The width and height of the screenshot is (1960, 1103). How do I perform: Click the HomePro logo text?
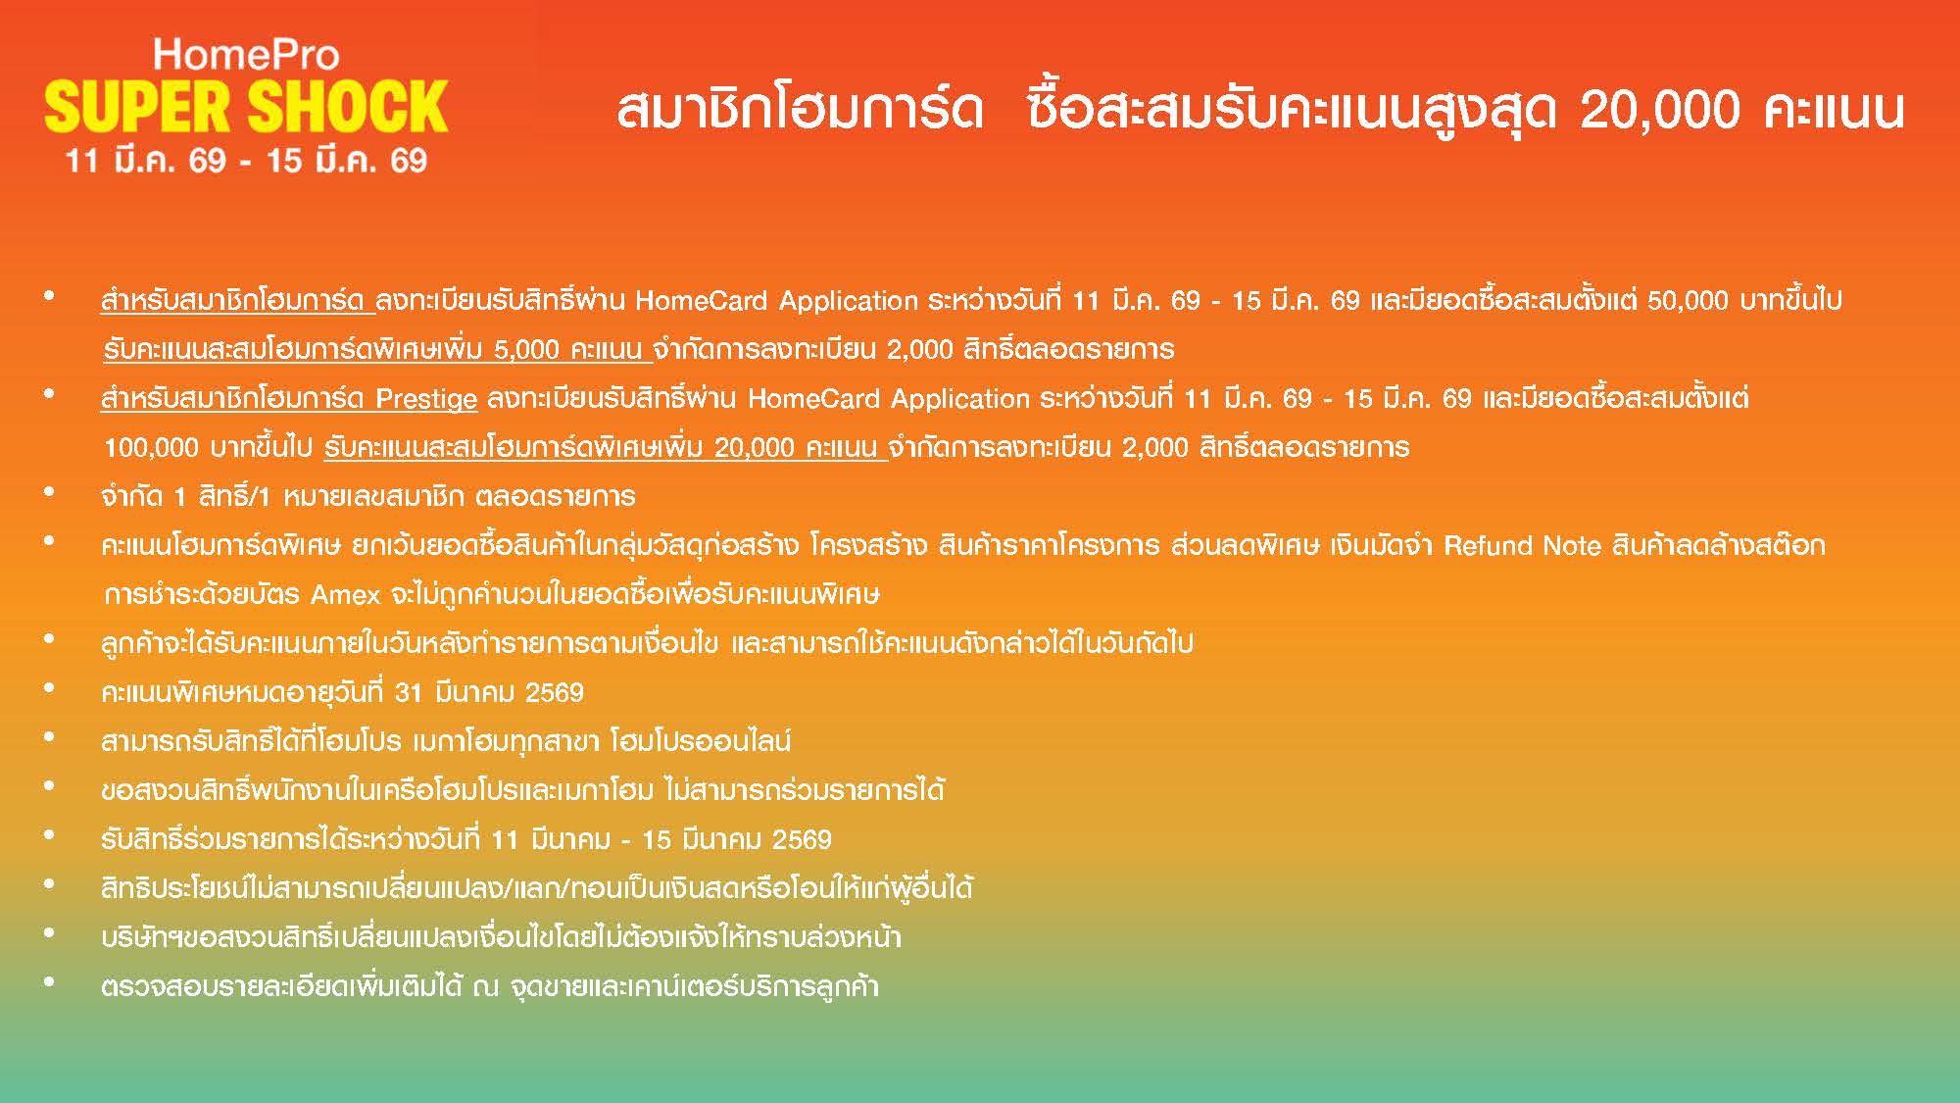(x=246, y=54)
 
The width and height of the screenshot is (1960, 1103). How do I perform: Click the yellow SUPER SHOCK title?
(x=246, y=107)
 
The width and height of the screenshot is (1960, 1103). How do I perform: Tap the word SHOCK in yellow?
(x=348, y=107)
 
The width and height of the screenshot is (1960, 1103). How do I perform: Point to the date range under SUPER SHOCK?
(x=246, y=161)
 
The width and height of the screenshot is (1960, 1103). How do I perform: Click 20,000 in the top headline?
(x=1660, y=109)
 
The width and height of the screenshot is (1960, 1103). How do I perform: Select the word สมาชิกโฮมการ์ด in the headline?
(x=800, y=109)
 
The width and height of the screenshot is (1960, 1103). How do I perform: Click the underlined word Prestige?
(x=426, y=400)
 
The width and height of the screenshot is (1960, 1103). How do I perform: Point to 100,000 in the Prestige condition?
(x=151, y=448)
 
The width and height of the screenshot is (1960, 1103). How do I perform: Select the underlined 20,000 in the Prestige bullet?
(x=754, y=448)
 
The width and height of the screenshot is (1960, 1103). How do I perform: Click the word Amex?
(x=345, y=595)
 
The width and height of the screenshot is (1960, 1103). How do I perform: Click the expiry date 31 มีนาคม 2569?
(x=488, y=693)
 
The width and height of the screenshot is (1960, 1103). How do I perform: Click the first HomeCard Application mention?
(x=776, y=300)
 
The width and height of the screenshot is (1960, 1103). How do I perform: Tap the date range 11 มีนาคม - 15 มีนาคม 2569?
(x=661, y=840)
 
